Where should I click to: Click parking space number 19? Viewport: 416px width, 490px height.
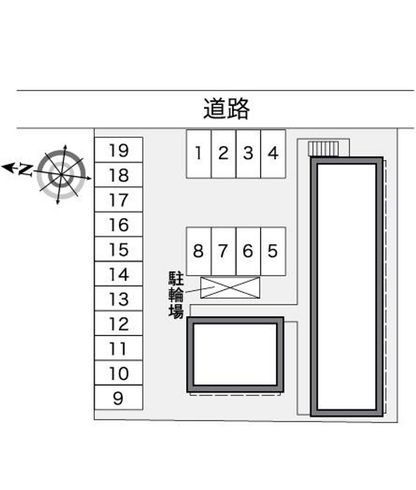[x=119, y=150]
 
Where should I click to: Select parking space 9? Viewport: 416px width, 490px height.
[x=119, y=398]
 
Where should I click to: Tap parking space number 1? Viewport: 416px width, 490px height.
[x=199, y=153]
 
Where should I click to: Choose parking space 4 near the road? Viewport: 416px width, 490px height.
[x=273, y=153]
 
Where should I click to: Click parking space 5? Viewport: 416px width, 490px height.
[x=273, y=251]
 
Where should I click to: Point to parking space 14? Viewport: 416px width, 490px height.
[x=119, y=274]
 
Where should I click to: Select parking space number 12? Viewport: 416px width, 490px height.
[x=119, y=324]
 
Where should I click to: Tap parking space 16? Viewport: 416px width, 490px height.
[x=119, y=225]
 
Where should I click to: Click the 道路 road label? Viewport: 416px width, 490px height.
[x=226, y=109]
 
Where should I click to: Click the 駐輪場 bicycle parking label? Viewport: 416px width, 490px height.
[x=176, y=294]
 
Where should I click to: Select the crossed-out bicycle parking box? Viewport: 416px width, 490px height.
[x=230, y=288]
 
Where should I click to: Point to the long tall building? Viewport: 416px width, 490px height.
[x=347, y=287]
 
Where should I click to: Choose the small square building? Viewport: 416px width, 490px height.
[x=235, y=354]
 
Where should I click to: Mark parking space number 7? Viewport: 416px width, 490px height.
[x=223, y=251]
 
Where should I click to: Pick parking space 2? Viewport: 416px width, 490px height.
[x=224, y=153]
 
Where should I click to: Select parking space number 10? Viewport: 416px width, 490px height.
[x=119, y=373]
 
